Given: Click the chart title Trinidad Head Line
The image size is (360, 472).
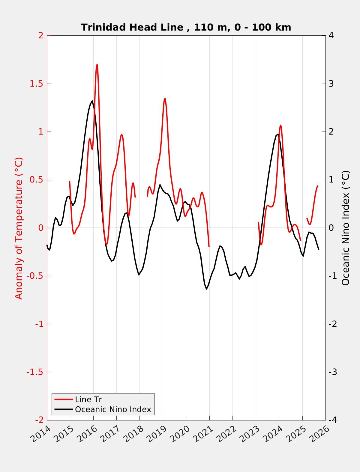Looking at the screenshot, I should pyautogui.click(x=186, y=27).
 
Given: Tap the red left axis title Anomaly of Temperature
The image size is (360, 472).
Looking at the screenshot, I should pyautogui.click(x=19, y=228).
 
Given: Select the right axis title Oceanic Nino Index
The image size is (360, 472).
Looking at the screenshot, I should pyautogui.click(x=346, y=228).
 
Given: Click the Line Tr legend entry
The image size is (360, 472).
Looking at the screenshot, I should pyautogui.click(x=88, y=399).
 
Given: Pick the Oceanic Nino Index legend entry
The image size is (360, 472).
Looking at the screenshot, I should pyautogui.click(x=113, y=409).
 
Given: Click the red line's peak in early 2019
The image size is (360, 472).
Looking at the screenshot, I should pyautogui.click(x=165, y=98).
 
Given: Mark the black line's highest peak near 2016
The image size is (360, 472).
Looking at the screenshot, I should pyautogui.click(x=92, y=101).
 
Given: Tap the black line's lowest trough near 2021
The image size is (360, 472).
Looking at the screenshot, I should pyautogui.click(x=206, y=289).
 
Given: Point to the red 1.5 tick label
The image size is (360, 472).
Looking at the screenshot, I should pyautogui.click(x=36, y=84).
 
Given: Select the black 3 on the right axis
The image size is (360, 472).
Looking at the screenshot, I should pyautogui.click(x=331, y=84).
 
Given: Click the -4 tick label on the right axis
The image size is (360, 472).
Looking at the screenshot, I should pyautogui.click(x=333, y=420).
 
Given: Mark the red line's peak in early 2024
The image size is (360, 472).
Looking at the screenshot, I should pyautogui.click(x=280, y=125).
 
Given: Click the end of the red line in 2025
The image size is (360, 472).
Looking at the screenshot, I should pyautogui.click(x=318, y=186).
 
